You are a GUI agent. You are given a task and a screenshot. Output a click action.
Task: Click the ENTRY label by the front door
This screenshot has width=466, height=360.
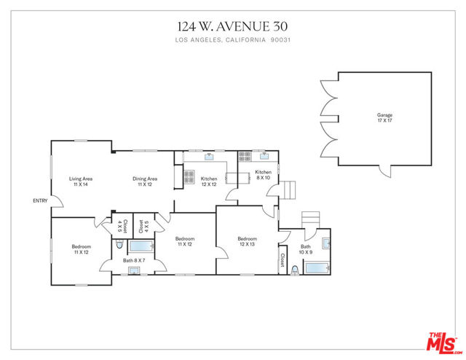pyautogui.click(x=40, y=201)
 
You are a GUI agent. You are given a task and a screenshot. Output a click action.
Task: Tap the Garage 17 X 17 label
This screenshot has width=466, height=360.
pyautogui.click(x=385, y=117)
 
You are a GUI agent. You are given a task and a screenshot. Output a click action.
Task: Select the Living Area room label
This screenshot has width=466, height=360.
pyautogui.click(x=81, y=179)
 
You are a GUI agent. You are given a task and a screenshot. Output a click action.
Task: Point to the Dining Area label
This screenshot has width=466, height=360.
pyautogui.click(x=145, y=179)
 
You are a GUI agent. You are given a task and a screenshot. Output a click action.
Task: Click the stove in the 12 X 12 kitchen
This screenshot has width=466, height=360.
pyautogui.click(x=189, y=177)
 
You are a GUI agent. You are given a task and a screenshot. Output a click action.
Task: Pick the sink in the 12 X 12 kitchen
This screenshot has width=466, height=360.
pyautogui.click(x=209, y=157)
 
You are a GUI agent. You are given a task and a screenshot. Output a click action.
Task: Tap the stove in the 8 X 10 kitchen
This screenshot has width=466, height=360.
pyautogui.click(x=245, y=157)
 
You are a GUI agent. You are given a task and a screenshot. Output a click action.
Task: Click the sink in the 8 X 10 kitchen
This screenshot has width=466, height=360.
pyautogui.click(x=264, y=156)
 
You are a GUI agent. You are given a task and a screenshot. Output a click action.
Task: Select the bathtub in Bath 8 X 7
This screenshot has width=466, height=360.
pyautogui.click(x=141, y=246)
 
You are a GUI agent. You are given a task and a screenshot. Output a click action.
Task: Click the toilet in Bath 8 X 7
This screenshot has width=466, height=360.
pyautogui.click(x=119, y=244)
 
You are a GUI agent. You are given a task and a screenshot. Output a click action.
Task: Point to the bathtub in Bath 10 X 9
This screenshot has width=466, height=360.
pyautogui.click(x=317, y=267)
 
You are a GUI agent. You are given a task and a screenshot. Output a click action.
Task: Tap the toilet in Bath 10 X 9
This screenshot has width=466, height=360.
pyautogui.click(x=295, y=270)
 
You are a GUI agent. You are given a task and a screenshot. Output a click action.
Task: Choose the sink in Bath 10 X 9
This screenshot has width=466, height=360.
pyautogui.click(x=326, y=243)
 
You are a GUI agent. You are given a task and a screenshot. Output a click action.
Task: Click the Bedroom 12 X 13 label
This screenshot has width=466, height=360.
pyautogui.click(x=248, y=241)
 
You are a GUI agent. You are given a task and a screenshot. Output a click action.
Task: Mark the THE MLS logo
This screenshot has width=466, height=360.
pyautogui.click(x=443, y=343)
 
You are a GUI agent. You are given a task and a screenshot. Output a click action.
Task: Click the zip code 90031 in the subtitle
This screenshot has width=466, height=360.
pyautogui.click(x=280, y=40)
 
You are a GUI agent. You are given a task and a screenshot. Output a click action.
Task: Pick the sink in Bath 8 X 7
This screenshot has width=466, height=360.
pyautogui.click(x=134, y=271)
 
